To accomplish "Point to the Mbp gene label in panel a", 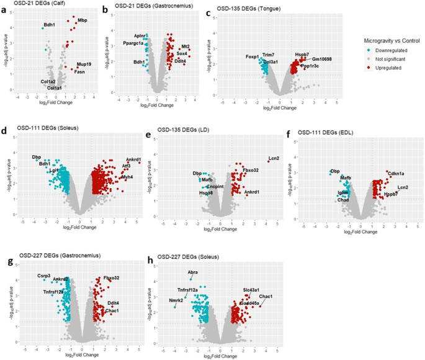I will [82, 20].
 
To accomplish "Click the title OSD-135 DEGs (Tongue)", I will [245, 9].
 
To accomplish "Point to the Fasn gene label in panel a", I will [79, 71].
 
